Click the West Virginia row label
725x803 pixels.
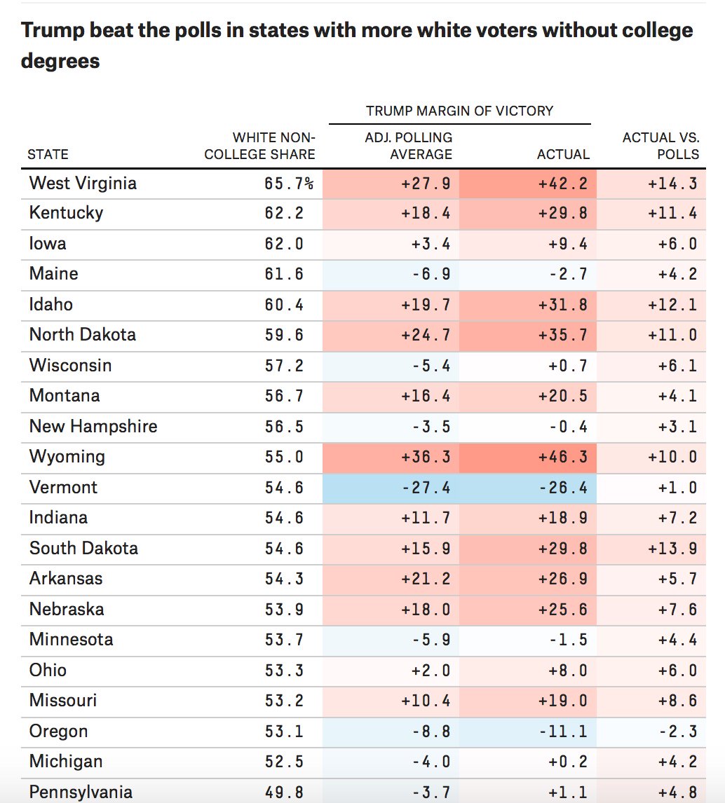click(83, 184)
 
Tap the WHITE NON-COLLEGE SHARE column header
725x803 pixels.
click(259, 146)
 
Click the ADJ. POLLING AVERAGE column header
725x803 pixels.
click(408, 146)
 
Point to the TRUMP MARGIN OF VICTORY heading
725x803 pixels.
click(459, 111)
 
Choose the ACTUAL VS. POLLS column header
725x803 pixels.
click(660, 146)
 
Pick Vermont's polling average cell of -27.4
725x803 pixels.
click(426, 488)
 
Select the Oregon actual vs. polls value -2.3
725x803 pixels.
click(677, 732)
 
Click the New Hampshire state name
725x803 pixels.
click(93, 427)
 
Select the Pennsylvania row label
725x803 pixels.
click(81, 792)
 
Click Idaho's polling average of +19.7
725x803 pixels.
click(426, 305)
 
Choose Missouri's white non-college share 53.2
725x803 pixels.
click(284, 701)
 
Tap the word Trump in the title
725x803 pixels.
click(54, 31)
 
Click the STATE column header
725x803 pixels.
click(48, 155)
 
